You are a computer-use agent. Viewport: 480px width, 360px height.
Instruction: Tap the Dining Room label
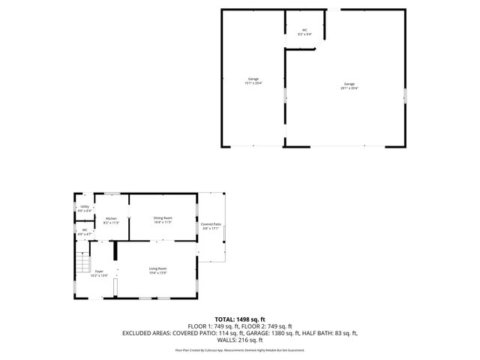coord(163,219)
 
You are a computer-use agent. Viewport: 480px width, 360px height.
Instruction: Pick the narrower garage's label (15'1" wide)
coord(253,81)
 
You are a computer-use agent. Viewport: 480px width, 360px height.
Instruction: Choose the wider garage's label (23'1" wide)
coord(349,85)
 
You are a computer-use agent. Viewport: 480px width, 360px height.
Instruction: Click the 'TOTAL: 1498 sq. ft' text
coord(240,319)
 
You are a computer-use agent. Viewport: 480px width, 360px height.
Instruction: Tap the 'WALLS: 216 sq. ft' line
coord(240,340)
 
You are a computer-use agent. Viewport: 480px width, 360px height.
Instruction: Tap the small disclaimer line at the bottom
coord(240,349)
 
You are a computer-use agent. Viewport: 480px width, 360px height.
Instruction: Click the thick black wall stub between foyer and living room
coord(115,250)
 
